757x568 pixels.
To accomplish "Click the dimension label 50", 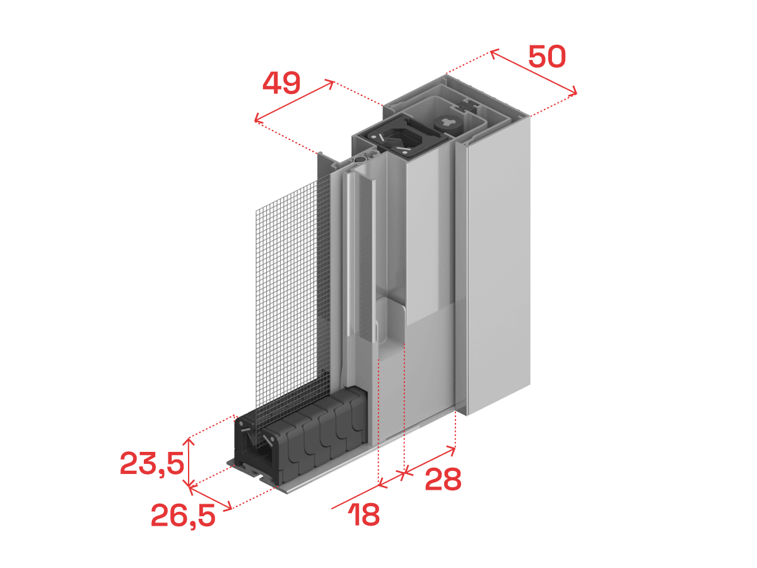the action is tap(547, 57).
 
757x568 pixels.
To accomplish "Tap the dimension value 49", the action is tap(281, 83).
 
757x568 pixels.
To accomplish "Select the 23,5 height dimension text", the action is tap(152, 463).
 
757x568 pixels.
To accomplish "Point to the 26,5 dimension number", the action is tap(183, 515).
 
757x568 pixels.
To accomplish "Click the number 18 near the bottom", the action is tap(364, 514).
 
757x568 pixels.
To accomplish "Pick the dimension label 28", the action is tap(443, 480).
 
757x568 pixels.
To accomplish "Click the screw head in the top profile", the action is tap(449, 123).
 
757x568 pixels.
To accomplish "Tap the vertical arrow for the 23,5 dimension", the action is tap(189, 462).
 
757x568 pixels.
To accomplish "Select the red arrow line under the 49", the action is tap(294, 101).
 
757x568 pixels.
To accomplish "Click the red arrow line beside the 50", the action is tap(533, 72).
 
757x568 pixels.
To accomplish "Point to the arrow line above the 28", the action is tap(430, 460).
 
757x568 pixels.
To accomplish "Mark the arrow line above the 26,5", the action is tap(210, 498).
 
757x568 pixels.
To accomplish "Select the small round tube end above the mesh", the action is tap(360, 159).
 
